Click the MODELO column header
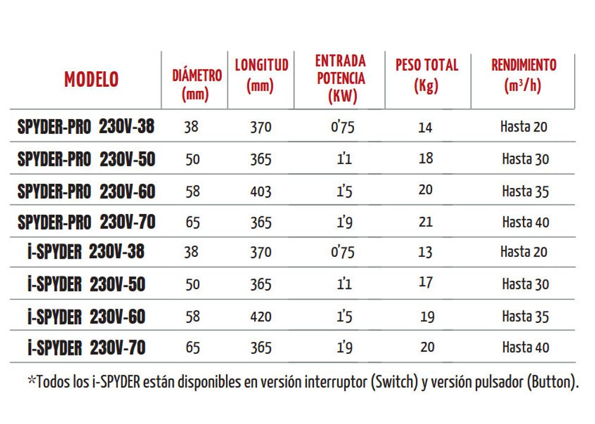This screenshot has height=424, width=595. (x=91, y=79)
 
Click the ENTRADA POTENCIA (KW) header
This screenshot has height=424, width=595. (x=341, y=78)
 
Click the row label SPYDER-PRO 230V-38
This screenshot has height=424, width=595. (x=87, y=127)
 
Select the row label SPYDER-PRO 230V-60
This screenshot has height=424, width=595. (x=87, y=191)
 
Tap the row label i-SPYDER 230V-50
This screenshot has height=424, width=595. (x=87, y=284)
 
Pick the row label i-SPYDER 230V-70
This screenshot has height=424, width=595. (x=87, y=347)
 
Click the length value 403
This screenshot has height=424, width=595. (x=261, y=191)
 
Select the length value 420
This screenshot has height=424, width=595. (x=261, y=316)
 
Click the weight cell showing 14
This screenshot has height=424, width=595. (x=425, y=127)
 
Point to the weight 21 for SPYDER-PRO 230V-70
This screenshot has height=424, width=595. (x=427, y=222)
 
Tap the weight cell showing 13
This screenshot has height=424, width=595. (x=425, y=252)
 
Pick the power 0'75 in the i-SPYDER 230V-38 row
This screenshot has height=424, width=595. (x=342, y=252)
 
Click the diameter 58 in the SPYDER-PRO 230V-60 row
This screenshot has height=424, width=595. (x=193, y=191)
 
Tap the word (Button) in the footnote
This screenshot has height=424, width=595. (x=553, y=382)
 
